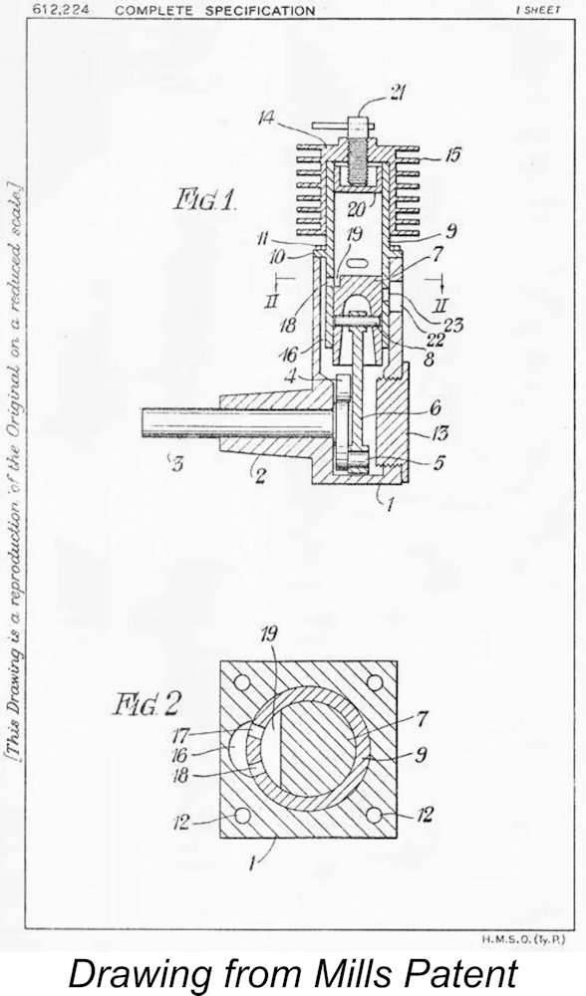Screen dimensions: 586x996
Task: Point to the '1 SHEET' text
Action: (x=539, y=10)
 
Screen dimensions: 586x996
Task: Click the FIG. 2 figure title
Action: (x=146, y=705)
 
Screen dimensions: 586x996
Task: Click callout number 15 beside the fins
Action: (x=452, y=154)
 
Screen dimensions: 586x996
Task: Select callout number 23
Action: (x=453, y=326)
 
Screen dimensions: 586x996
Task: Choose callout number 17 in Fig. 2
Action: (x=181, y=736)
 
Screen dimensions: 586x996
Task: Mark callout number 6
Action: (x=436, y=407)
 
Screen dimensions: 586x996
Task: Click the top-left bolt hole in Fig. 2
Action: (x=241, y=683)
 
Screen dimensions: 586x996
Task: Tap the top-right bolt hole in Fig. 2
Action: (x=375, y=683)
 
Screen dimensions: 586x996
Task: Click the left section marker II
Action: (x=271, y=300)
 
